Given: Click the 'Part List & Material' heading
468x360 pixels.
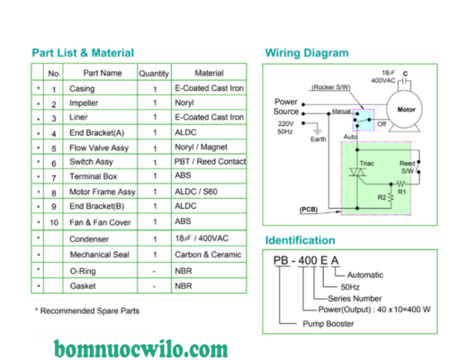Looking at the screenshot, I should click(x=83, y=52).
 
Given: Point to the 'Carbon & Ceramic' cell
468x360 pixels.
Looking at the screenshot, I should click(x=209, y=255).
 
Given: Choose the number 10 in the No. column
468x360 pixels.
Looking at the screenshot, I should click(x=54, y=221).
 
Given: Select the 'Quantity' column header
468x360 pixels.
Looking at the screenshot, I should click(x=154, y=72).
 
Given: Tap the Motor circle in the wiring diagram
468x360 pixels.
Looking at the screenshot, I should click(x=406, y=109).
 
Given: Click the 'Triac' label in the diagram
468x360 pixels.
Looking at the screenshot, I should click(x=367, y=165).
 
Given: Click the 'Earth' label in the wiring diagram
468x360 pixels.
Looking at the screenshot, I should click(x=318, y=139).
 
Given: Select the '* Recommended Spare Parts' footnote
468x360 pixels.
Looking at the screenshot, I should click(x=86, y=310).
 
